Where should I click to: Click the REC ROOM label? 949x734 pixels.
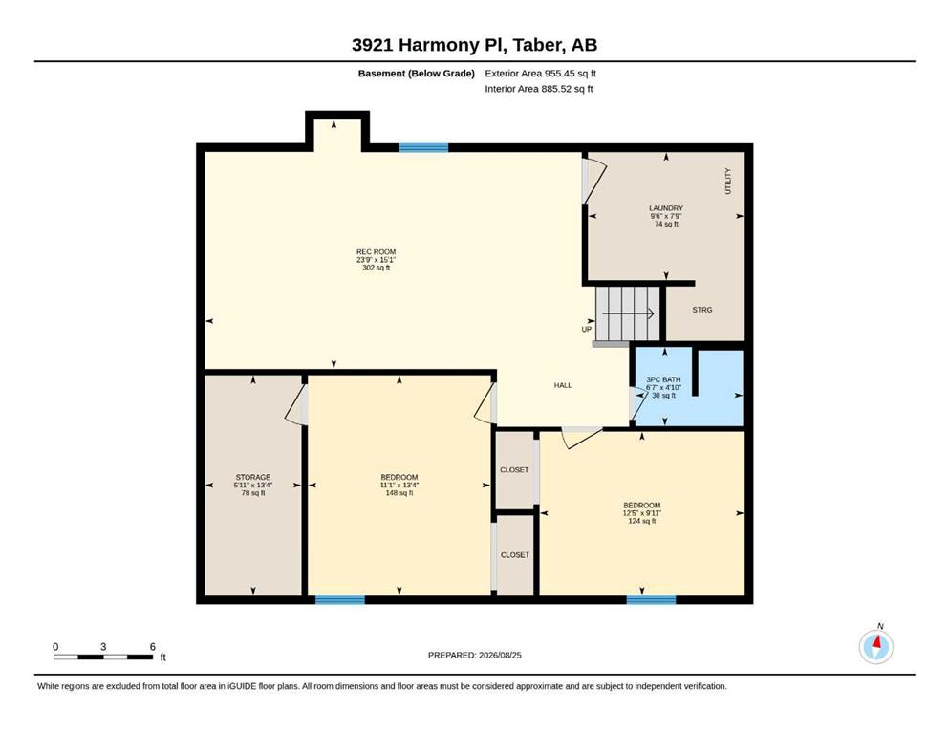point(376,251)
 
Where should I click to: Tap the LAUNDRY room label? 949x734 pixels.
point(666,208)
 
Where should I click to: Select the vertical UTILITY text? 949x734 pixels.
point(728,181)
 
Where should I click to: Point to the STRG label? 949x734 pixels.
point(702,310)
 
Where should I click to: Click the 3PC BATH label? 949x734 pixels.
point(663,380)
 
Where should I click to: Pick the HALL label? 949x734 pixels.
point(563,385)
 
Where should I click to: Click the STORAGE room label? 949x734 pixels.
point(253,478)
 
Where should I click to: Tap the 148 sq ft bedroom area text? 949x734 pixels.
point(399,493)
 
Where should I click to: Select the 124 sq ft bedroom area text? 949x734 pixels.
point(642,521)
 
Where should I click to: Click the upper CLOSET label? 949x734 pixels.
point(514,470)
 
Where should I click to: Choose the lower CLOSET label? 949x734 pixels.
point(515,555)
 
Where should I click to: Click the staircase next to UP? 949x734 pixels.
point(628,313)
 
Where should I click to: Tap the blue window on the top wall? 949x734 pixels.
point(423,147)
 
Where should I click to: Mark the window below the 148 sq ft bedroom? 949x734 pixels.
point(340,599)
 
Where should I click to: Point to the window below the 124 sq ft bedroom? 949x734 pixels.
point(651,599)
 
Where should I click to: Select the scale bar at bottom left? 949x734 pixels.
point(103,657)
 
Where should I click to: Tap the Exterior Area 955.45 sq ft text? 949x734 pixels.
point(541,74)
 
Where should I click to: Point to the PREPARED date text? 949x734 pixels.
point(474,655)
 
